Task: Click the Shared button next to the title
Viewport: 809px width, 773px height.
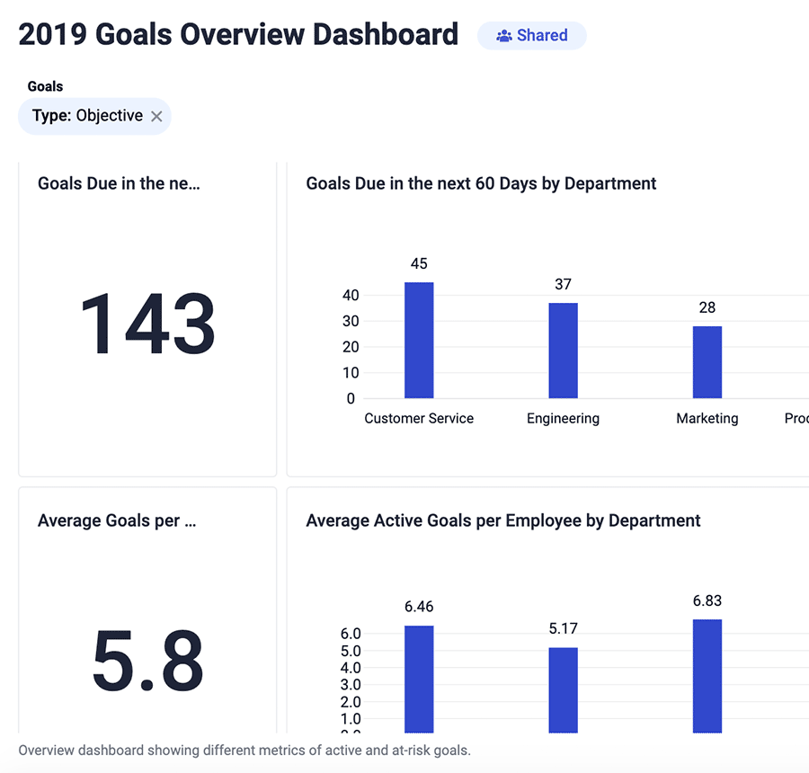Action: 532,36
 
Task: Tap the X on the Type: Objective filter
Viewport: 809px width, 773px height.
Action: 156,116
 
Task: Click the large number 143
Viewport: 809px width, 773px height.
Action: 147,324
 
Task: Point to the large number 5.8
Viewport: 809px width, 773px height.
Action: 147,662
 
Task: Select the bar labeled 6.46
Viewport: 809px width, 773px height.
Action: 419,679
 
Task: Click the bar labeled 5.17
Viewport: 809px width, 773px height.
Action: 563,689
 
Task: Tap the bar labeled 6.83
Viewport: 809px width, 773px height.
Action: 707,675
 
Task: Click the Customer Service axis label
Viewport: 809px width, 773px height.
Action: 419,419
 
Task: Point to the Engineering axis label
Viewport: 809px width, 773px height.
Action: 563,419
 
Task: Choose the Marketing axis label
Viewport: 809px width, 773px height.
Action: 707,419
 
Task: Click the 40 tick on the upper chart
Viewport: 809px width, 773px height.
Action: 350,296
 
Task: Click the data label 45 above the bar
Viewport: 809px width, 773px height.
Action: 419,264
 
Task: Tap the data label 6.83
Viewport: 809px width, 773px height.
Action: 707,601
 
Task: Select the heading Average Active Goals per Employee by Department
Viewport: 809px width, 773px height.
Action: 503,520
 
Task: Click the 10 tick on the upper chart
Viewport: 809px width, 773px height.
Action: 350,373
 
